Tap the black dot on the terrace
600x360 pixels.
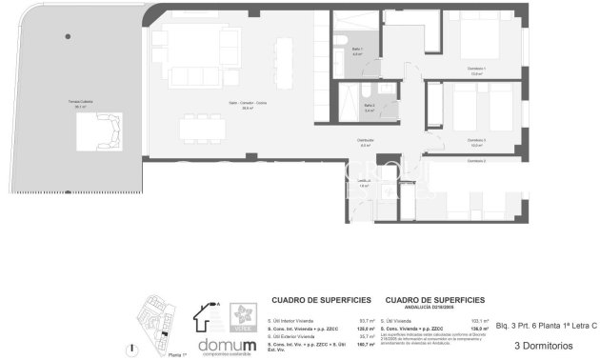pyautogui.click(x=68, y=36)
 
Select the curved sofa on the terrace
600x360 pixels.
pyautogui.click(x=100, y=128)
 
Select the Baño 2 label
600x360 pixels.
pyautogui.click(x=369, y=108)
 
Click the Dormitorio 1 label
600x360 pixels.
pyautogui.click(x=477, y=69)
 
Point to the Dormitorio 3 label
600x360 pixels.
pyautogui.click(x=477, y=142)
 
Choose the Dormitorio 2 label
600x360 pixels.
pyautogui.click(x=477, y=162)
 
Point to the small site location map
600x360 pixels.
pyautogui.click(x=154, y=325)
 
